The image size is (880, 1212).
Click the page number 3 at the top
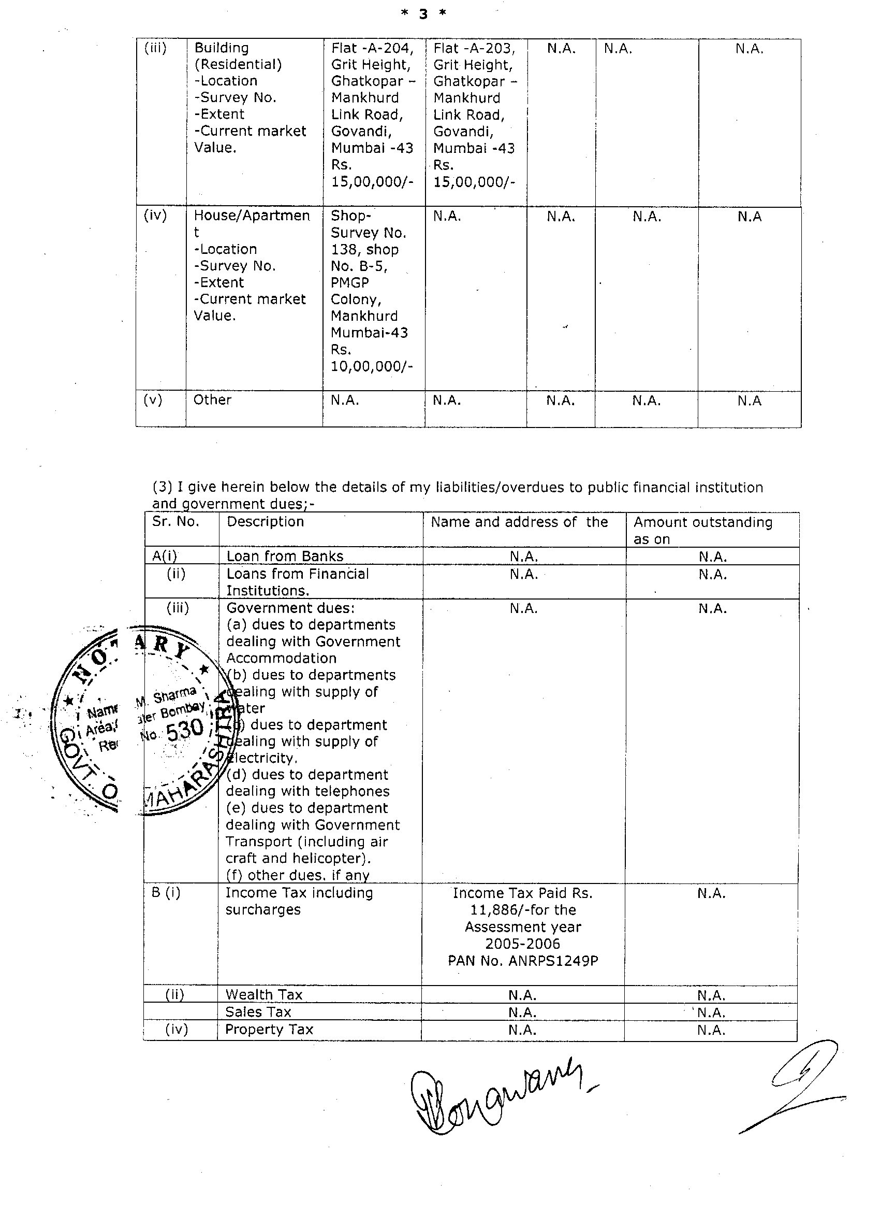[423, 15]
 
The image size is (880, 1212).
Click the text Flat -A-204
[372, 49]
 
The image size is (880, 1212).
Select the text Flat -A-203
[474, 49]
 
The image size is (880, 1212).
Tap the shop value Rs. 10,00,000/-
[372, 359]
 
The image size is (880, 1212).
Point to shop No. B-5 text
[359, 266]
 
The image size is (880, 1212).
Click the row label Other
[212, 400]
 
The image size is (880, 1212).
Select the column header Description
[266, 522]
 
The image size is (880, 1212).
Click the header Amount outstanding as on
[703, 530]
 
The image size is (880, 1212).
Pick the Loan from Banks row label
[285, 557]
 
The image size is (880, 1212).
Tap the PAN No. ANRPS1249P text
[523, 961]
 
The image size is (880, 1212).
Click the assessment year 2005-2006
[523, 944]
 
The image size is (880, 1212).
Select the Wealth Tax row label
[264, 994]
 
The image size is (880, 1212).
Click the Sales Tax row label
[258, 1011]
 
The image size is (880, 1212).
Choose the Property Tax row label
[269, 1029]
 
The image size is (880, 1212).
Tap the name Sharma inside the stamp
[174, 695]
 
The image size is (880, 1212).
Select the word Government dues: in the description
[290, 608]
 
